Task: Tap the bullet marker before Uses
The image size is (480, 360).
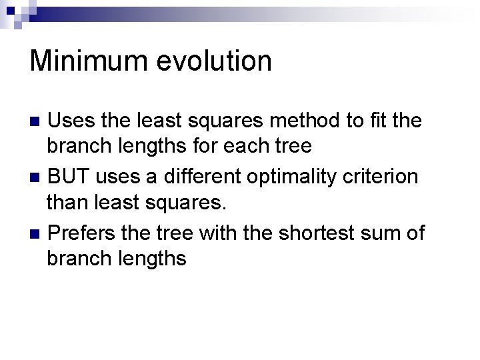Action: tap(37, 122)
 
